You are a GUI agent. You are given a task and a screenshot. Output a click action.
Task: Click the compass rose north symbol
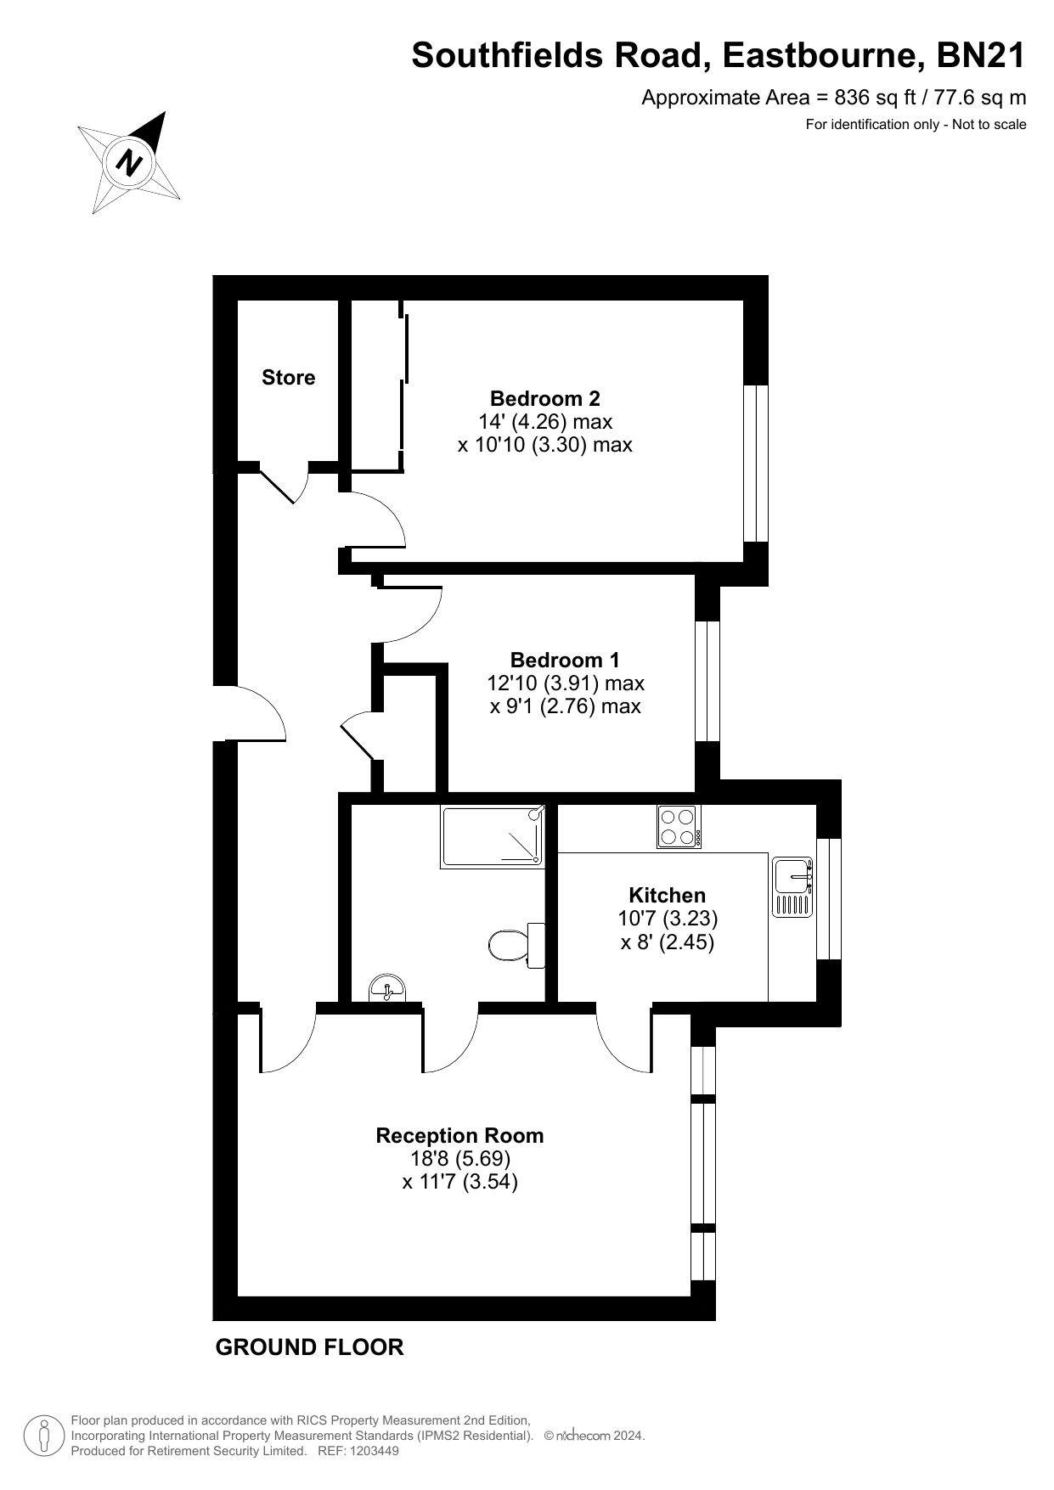129,161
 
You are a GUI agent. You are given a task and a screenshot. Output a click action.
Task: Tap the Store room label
288,378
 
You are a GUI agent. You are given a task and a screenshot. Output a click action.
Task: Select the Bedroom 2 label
544,398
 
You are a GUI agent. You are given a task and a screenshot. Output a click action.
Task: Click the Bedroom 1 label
565,660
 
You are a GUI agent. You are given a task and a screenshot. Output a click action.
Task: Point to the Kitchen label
667,895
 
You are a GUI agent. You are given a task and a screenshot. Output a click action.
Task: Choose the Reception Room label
459,1135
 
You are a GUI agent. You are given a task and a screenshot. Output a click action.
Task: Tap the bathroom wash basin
388,989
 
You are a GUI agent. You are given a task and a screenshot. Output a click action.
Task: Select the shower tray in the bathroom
492,836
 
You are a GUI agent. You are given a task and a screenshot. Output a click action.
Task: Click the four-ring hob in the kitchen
679,826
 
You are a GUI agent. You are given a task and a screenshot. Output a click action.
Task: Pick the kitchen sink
792,887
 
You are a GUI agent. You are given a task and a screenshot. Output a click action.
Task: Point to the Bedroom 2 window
756,464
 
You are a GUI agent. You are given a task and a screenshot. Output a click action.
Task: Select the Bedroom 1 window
707,682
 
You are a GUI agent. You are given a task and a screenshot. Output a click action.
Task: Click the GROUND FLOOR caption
310,1347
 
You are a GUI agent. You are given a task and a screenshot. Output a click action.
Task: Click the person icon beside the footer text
44,1436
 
